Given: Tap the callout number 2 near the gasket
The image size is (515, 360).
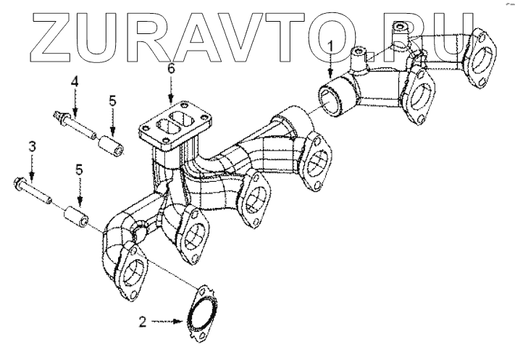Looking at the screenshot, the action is pos(143,319).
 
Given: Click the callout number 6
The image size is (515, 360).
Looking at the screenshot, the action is pos(171,70).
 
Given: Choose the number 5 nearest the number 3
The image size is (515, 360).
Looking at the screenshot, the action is pos(80,171).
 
